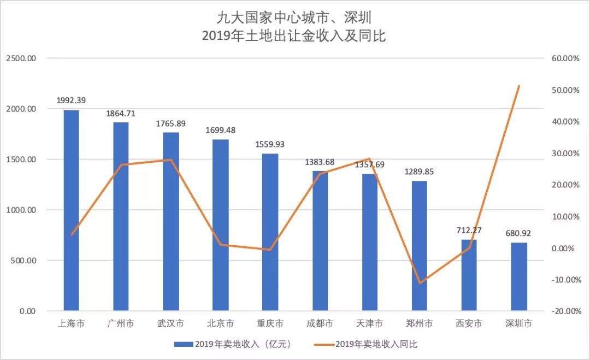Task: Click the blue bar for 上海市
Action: pyautogui.click(x=71, y=210)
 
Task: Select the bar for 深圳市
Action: pyautogui.click(x=519, y=277)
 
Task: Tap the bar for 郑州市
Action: pyautogui.click(x=420, y=246)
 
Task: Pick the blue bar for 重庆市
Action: pyautogui.click(x=270, y=232)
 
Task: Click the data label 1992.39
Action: pyautogui.click(x=71, y=101)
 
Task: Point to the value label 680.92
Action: pyautogui.click(x=519, y=233)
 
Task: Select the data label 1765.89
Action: pyautogui.click(x=170, y=123)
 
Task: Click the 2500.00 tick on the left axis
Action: pyautogui.click(x=21, y=58)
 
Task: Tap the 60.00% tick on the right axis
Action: pyautogui.click(x=562, y=58)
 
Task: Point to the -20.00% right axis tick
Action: pyautogui.click(x=562, y=311)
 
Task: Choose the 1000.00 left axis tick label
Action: pyautogui.click(x=21, y=210)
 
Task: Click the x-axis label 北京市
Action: pyautogui.click(x=220, y=323)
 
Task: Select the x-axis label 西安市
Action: pyautogui.click(x=469, y=323)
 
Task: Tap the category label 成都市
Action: pyautogui.click(x=320, y=323)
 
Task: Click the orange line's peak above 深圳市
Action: pyautogui.click(x=519, y=86)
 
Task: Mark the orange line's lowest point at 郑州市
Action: pyautogui.click(x=420, y=283)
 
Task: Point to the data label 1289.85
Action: pyautogui.click(x=420, y=172)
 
